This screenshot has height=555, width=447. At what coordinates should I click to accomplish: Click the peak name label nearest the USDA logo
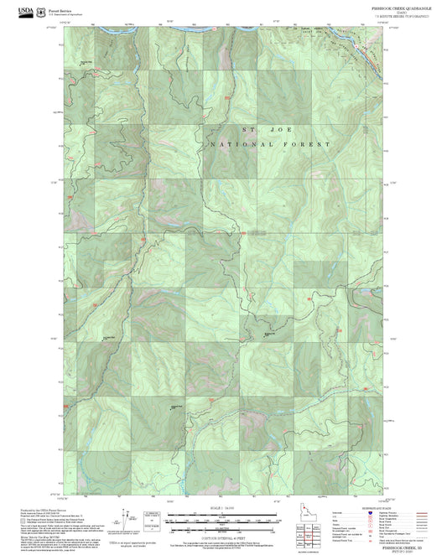[86, 63]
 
